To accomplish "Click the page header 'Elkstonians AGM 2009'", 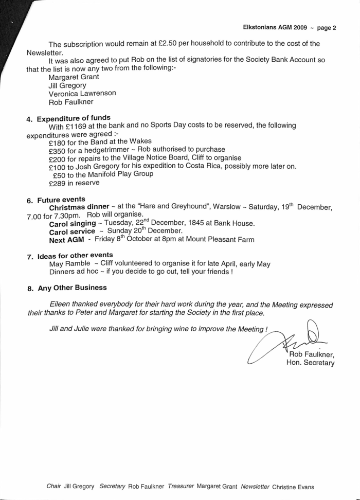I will [275, 28].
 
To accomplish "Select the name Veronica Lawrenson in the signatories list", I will [82, 94].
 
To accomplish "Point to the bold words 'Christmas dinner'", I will [79, 207].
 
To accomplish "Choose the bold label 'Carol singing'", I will [72, 223].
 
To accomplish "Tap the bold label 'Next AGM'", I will [66, 240].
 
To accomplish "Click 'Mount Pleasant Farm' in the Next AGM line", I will [218, 240].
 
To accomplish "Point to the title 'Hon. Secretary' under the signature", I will [310, 363].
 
